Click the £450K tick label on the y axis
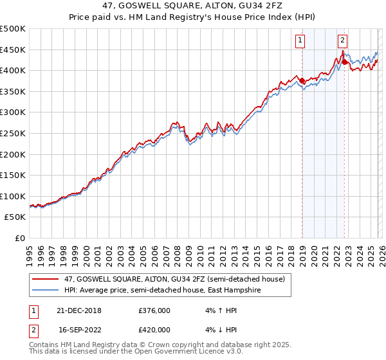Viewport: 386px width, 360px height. click(x=13, y=50)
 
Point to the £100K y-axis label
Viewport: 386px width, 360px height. click(x=13, y=196)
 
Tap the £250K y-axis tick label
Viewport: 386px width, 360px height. click(x=13, y=133)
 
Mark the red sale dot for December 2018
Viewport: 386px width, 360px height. click(x=301, y=80)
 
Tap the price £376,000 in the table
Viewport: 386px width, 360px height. click(x=154, y=310)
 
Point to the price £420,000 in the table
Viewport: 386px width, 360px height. click(x=154, y=329)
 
